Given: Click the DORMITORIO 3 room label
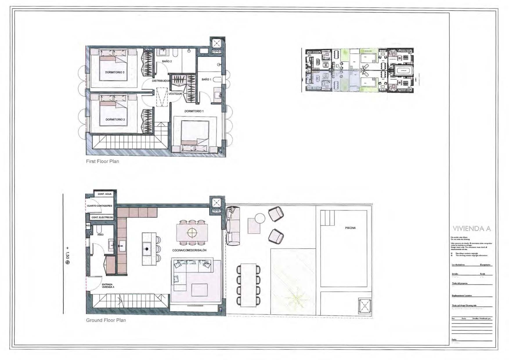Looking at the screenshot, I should click(x=115, y=73).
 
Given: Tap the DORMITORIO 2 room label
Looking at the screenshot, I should click(x=115, y=120).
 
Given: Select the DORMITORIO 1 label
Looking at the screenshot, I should click(x=194, y=111).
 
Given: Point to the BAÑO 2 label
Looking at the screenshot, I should click(x=167, y=61).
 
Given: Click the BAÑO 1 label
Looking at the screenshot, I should click(x=206, y=79).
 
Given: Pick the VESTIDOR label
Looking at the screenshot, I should click(x=175, y=94).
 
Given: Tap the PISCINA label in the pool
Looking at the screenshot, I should click(x=350, y=228).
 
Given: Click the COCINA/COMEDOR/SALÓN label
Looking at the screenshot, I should click(x=189, y=251).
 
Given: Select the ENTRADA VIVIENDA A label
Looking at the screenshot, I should click(x=108, y=286).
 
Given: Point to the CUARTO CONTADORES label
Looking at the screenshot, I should click(x=100, y=206).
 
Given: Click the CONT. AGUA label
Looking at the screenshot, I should click(x=105, y=194).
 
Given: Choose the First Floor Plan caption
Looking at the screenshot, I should click(x=102, y=161).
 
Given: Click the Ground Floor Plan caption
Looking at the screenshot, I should click(x=106, y=320).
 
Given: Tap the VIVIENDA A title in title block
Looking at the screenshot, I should click(x=471, y=229).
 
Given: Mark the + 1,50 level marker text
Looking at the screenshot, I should click(x=67, y=255).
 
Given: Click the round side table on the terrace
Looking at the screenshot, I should click(x=260, y=218).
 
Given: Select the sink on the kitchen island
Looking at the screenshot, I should click(x=147, y=249).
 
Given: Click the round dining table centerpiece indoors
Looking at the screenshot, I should click(x=192, y=233).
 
